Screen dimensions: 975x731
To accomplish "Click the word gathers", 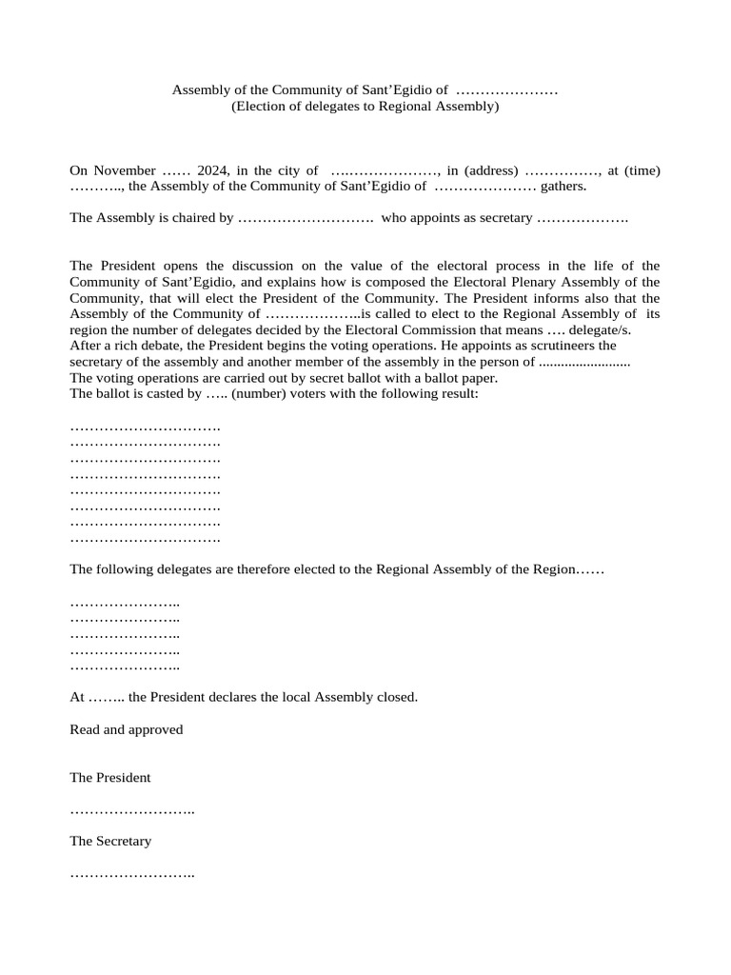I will (x=564, y=186).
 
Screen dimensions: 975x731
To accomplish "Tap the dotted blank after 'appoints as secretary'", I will (x=583, y=218).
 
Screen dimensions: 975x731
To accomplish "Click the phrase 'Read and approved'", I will (x=127, y=729).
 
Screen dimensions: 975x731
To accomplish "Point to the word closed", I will (x=398, y=697).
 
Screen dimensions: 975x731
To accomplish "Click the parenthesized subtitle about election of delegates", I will (x=365, y=107).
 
